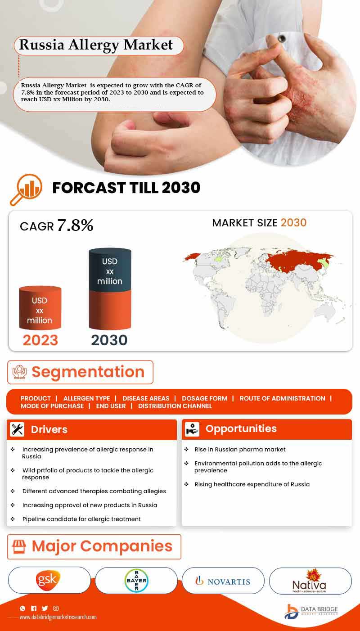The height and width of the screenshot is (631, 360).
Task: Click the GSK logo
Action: click(x=48, y=580)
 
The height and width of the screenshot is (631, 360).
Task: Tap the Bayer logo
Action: click(x=136, y=580)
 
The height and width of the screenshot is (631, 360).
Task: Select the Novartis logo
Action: click(x=223, y=581)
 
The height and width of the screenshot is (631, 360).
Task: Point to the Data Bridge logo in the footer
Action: click(x=311, y=612)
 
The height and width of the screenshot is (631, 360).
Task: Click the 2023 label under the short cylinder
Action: click(x=40, y=340)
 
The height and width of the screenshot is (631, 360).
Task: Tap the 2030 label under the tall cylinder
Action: click(x=109, y=340)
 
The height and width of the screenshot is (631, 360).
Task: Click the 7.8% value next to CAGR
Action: click(x=75, y=225)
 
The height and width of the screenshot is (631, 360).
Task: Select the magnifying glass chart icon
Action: click(x=26, y=189)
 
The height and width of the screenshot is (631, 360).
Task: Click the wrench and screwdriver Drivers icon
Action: click(x=17, y=429)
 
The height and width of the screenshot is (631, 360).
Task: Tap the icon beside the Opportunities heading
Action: click(x=192, y=429)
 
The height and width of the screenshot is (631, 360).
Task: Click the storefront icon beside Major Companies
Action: click(x=19, y=546)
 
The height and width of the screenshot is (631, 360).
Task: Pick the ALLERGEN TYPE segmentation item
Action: click(x=87, y=398)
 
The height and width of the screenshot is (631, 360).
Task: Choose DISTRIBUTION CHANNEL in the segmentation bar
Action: click(x=175, y=406)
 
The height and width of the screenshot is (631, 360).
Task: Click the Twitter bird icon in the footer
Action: click(x=45, y=608)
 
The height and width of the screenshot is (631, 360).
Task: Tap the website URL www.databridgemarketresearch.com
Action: click(x=58, y=617)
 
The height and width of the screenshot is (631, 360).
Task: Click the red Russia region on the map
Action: click(x=296, y=261)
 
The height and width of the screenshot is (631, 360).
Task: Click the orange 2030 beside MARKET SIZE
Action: click(x=293, y=223)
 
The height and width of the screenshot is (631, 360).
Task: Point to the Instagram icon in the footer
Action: click(x=56, y=608)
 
